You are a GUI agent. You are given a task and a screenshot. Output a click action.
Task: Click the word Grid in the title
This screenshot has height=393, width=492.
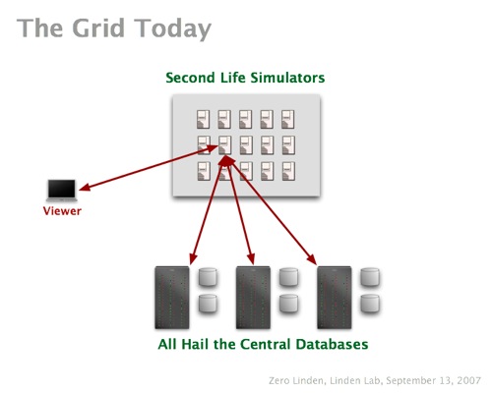click(x=98, y=28)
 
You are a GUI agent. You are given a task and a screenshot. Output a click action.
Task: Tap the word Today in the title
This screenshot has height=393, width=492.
click(x=172, y=29)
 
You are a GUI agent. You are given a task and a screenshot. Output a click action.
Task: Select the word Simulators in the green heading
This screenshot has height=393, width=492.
click(x=287, y=78)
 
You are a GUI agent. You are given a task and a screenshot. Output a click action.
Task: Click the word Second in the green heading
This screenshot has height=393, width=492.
click(x=190, y=78)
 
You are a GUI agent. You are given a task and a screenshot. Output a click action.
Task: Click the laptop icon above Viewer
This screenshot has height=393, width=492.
click(x=62, y=190)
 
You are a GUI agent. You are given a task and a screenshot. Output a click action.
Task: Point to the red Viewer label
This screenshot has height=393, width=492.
click(x=62, y=211)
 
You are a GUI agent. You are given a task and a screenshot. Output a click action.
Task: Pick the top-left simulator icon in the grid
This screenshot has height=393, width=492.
click(x=204, y=119)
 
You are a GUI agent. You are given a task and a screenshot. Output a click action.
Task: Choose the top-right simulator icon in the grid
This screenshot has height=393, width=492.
click(x=288, y=119)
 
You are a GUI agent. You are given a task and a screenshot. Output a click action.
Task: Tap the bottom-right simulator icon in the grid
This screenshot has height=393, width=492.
click(x=288, y=171)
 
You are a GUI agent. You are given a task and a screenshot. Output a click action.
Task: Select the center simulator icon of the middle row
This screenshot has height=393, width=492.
click(x=246, y=145)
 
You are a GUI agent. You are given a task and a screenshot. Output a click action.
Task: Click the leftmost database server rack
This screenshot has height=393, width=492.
click(x=172, y=298)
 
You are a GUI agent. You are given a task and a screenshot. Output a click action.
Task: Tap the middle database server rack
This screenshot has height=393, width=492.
click(x=253, y=298)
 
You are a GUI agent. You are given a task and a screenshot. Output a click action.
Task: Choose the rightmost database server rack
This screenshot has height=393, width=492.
click(x=335, y=298)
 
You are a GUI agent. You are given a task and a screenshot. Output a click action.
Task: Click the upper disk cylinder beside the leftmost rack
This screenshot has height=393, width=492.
click(x=208, y=277)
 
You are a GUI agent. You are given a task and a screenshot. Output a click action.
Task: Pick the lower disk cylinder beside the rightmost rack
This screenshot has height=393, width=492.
click(x=370, y=303)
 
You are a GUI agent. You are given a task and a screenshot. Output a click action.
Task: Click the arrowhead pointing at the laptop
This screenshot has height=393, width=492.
click(x=85, y=187)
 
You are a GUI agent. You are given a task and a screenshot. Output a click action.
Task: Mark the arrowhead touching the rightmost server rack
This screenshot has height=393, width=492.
click(x=312, y=259)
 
